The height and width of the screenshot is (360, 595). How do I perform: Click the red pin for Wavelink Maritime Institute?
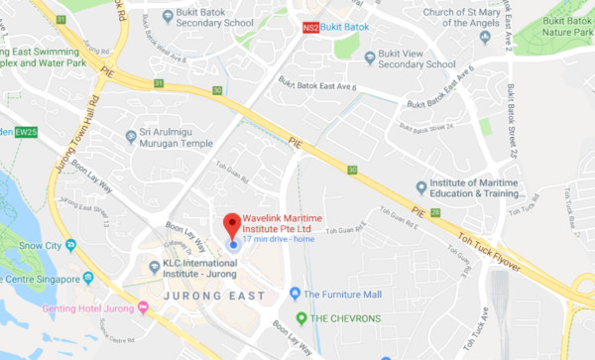point(232,222)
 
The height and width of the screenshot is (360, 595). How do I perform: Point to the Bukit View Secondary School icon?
point(369,57)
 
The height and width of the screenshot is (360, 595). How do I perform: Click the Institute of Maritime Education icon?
point(421,185)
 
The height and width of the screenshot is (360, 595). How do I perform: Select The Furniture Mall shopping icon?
point(295,294)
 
